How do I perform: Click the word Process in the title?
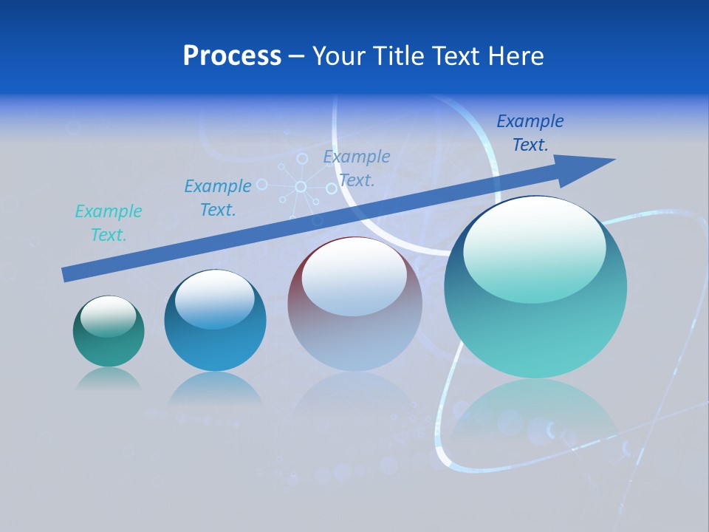pyautogui.click(x=232, y=56)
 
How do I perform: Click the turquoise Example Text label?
pyautogui.click(x=109, y=223)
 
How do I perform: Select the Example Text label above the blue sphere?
pyautogui.click(x=218, y=198)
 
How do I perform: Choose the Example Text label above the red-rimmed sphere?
pyautogui.click(x=357, y=168)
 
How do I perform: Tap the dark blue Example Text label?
pyautogui.click(x=530, y=132)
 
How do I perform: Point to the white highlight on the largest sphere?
pyautogui.click(x=534, y=250)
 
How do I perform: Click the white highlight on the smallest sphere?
pyautogui.click(x=109, y=316)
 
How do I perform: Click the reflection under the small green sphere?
pyautogui.click(x=109, y=378)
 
